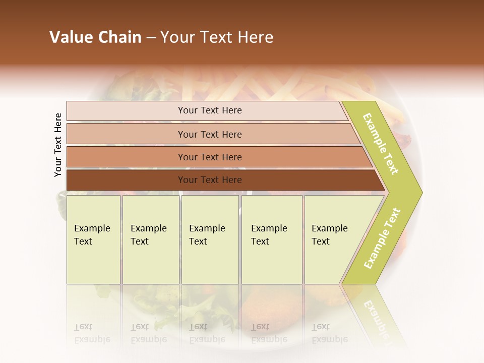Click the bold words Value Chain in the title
(x=95, y=37)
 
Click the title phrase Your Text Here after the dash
(x=217, y=37)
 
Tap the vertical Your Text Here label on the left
(x=58, y=145)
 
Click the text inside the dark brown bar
(x=210, y=180)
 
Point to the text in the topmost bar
(x=210, y=110)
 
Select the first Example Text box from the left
(x=93, y=239)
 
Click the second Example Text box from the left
(x=151, y=239)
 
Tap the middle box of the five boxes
(x=210, y=239)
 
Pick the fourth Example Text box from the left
(x=272, y=239)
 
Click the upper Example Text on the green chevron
(x=381, y=144)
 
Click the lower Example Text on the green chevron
(x=382, y=238)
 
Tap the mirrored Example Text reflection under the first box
(x=92, y=333)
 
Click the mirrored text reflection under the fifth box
(x=330, y=333)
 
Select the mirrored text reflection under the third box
(x=207, y=333)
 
